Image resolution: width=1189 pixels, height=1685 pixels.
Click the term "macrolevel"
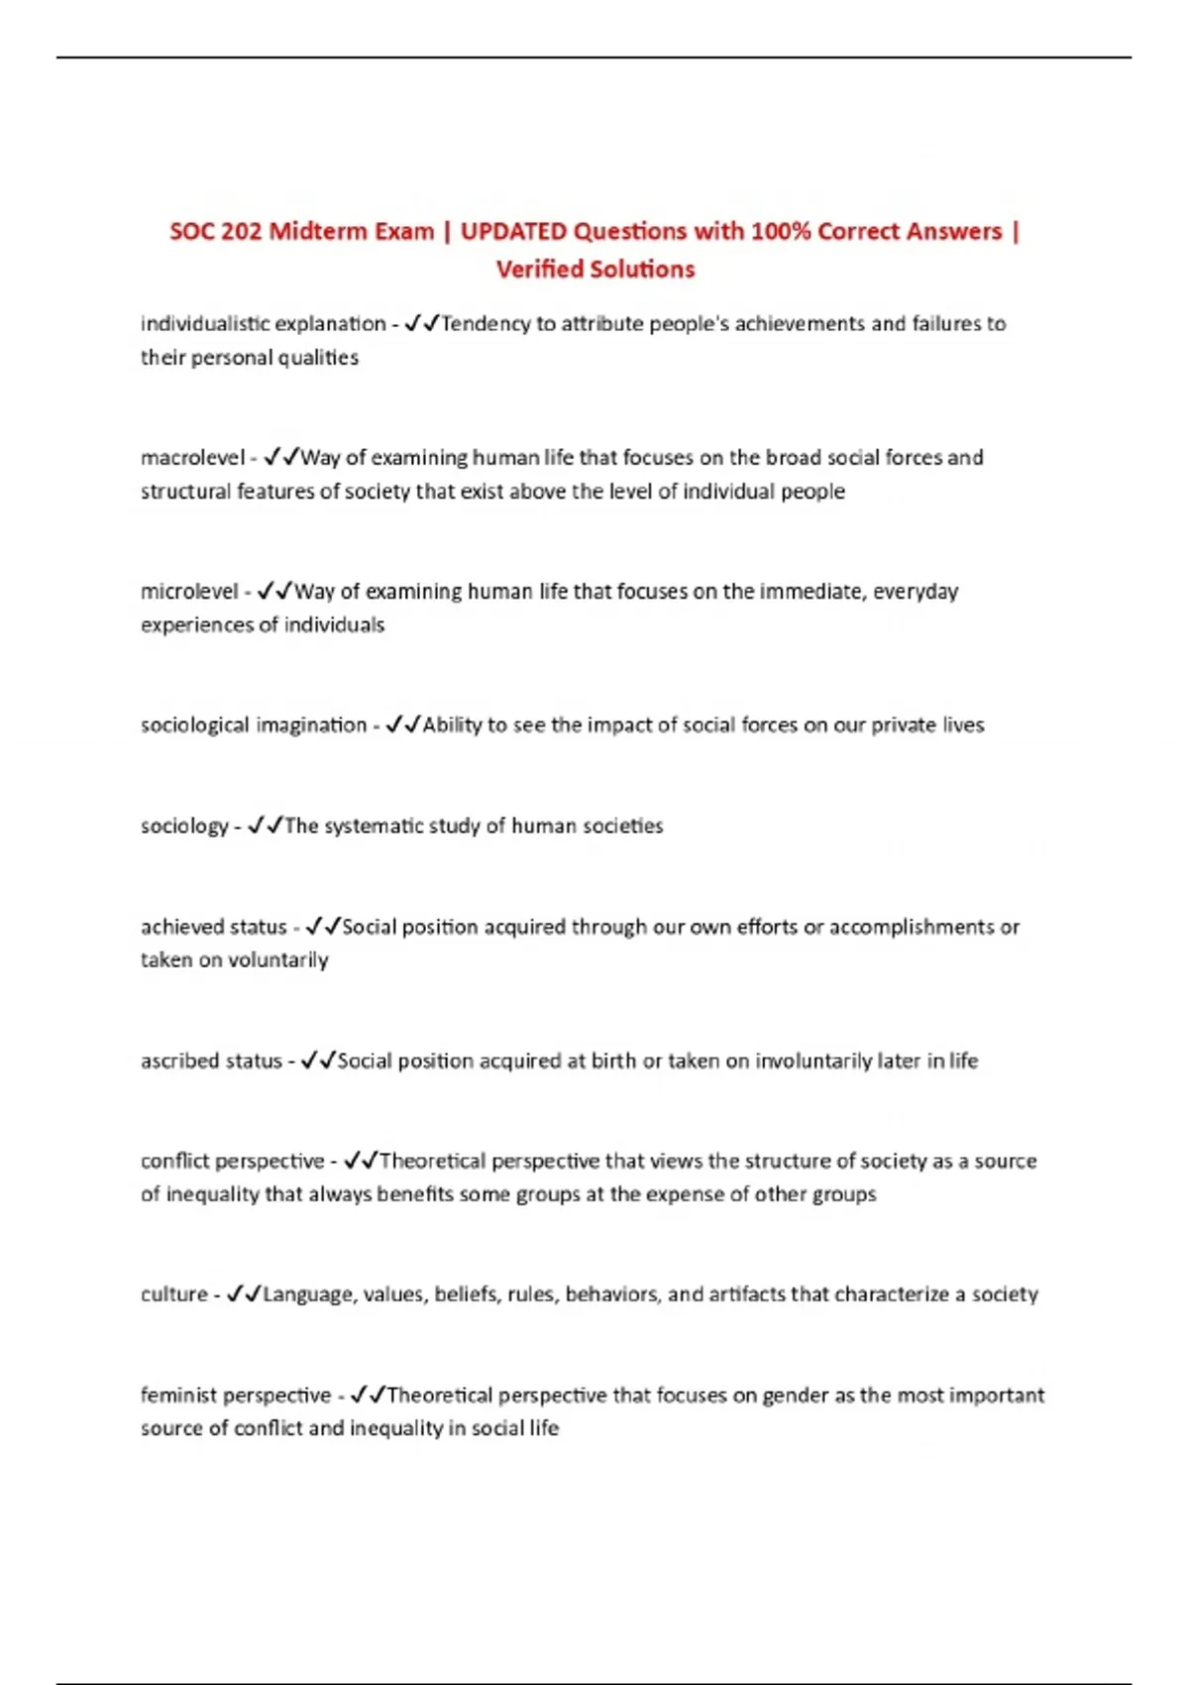[x=192, y=458]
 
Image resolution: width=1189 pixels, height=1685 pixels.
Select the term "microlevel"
[x=189, y=592]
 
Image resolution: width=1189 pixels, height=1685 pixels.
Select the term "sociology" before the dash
[x=184, y=827]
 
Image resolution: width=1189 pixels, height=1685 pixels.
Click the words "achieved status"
[x=213, y=927]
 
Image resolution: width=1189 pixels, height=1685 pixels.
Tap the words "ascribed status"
[x=211, y=1061]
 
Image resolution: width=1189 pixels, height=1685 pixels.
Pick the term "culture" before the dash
[x=174, y=1294]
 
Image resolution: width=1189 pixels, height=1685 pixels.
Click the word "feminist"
[x=179, y=1396]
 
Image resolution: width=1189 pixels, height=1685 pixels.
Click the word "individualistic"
[x=204, y=324]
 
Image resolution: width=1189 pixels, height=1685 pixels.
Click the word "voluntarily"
[x=277, y=960]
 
